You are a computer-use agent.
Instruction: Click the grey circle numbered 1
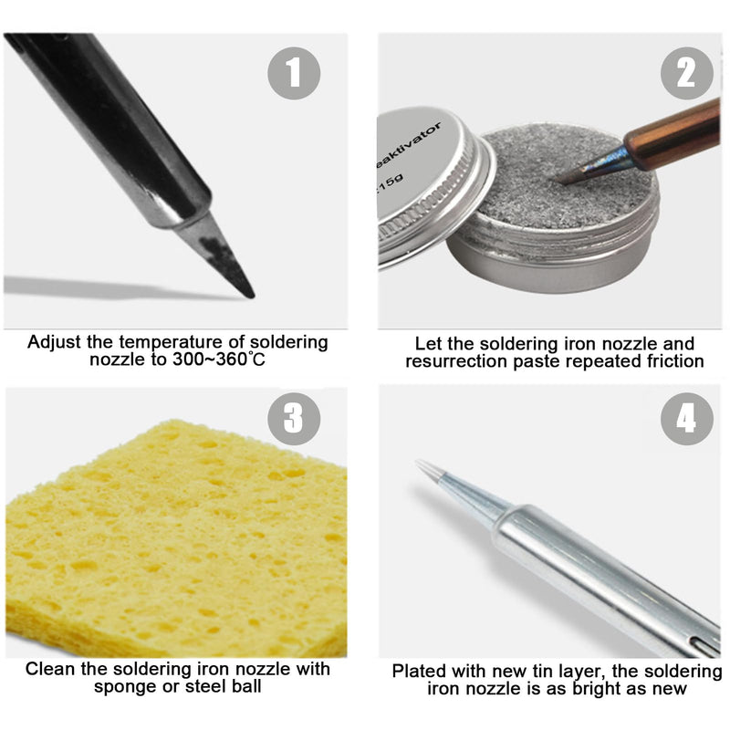point(294,73)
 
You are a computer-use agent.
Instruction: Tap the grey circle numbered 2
point(687,73)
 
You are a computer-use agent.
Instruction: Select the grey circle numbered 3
point(294,419)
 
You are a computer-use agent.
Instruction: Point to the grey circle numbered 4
point(687,419)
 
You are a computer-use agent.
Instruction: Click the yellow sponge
point(176,540)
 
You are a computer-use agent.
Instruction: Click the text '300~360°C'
point(219,360)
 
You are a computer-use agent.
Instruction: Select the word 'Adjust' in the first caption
point(55,343)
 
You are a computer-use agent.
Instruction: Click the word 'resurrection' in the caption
point(457,361)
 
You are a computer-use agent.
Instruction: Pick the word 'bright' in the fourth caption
point(599,689)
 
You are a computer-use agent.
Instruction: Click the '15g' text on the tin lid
point(391,182)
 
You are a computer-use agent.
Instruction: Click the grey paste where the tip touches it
point(558,181)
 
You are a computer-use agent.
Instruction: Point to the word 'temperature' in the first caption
point(171,343)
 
